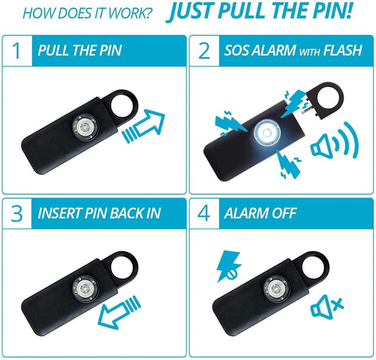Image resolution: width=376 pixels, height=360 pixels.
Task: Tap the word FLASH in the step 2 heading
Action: click(342, 52)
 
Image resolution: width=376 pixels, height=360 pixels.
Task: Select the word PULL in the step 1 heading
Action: click(55, 52)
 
